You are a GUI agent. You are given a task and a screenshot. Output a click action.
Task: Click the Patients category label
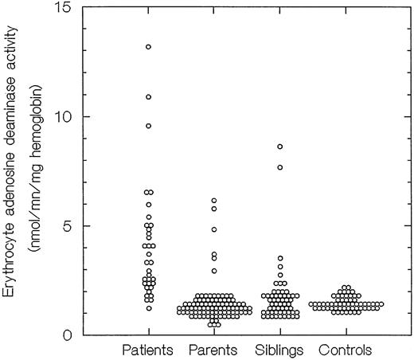click(148, 350)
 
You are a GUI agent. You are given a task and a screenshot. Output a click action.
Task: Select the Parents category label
click(213, 350)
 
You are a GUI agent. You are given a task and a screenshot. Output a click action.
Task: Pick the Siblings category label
click(279, 350)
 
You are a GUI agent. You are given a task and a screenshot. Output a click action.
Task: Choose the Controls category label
click(345, 350)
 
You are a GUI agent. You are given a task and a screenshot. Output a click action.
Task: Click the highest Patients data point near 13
click(148, 47)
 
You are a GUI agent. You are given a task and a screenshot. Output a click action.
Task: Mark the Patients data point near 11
click(148, 97)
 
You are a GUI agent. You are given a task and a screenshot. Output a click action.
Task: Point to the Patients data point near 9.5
click(148, 126)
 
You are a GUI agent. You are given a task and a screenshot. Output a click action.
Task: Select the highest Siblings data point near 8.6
click(279, 147)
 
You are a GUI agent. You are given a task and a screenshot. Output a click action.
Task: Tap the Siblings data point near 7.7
click(279, 167)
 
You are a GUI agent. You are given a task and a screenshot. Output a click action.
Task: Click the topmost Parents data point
click(213, 201)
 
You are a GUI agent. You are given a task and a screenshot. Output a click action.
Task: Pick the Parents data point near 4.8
click(213, 229)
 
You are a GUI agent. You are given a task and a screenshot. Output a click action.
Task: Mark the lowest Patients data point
click(148, 307)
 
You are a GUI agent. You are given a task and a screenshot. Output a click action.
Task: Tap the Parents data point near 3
click(213, 271)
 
